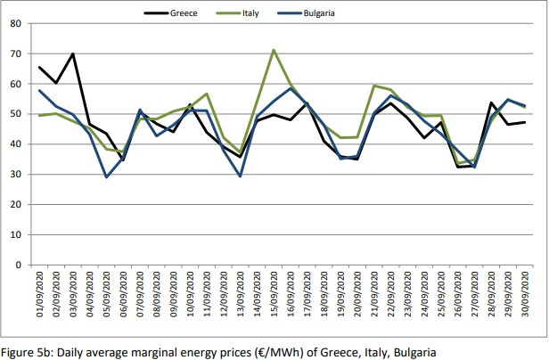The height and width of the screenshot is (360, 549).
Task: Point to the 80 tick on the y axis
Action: (15, 24)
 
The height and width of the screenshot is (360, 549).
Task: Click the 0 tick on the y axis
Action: (19, 265)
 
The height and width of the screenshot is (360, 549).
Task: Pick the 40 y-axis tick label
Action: (15, 144)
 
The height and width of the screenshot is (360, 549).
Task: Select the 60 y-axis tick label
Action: (15, 85)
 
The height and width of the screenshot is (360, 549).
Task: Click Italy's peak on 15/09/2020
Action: (274, 50)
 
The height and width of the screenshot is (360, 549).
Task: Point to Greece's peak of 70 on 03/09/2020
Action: (73, 54)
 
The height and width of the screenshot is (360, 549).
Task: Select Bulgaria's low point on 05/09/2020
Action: (107, 176)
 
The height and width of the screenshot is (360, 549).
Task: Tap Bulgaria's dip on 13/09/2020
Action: (240, 176)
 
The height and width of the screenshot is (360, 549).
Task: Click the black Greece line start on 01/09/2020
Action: (40, 68)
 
